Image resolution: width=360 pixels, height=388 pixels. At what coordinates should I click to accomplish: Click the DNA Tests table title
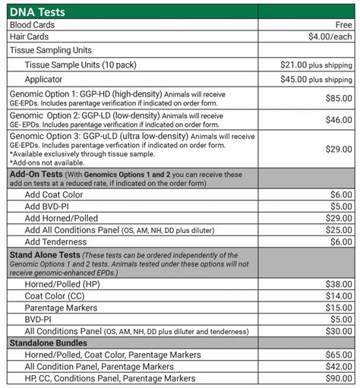(37, 11)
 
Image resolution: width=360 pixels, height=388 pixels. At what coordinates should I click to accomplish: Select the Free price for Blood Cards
(342, 24)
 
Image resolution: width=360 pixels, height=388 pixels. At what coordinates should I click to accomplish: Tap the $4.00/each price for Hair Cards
(330, 36)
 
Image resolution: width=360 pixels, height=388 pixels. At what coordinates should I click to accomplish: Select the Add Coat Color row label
(55, 194)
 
